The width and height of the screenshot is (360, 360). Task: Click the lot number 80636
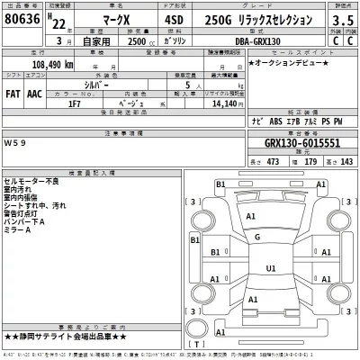click(22, 19)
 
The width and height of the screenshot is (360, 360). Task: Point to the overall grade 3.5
click(339, 19)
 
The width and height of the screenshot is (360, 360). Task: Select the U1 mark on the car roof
click(270, 268)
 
